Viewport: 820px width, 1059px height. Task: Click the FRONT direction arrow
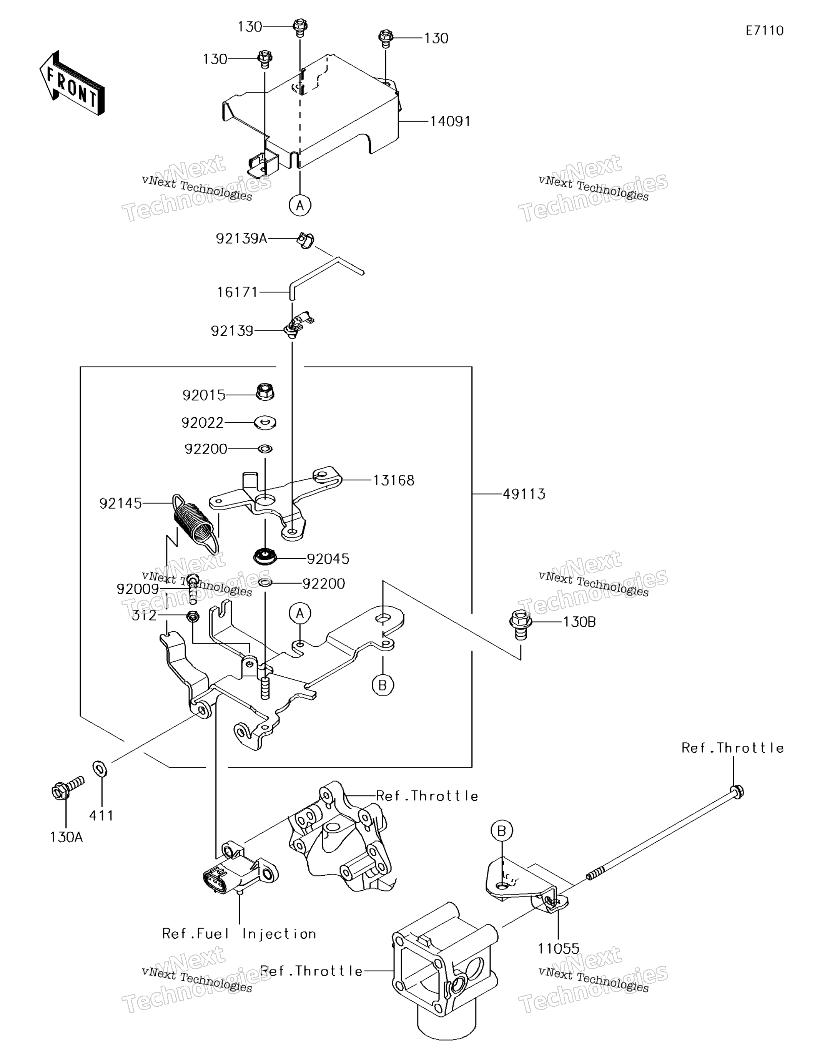coord(72,83)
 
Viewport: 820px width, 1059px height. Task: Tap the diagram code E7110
coord(765,31)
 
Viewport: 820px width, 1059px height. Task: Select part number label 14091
coord(450,121)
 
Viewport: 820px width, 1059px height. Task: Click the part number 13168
coord(394,481)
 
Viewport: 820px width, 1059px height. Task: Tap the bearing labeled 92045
coord(265,556)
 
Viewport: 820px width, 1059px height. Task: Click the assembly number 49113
coord(524,494)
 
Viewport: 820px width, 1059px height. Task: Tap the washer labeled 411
coord(100,769)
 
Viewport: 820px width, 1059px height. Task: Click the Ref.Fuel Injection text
coord(239,934)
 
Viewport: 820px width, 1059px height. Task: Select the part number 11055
coord(559,949)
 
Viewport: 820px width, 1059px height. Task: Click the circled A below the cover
coord(300,206)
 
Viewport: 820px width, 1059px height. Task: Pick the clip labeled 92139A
coord(305,241)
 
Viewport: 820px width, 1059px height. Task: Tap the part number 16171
coord(237,292)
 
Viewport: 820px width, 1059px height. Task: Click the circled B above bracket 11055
coord(502,831)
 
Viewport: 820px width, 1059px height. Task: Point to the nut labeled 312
coord(193,617)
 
